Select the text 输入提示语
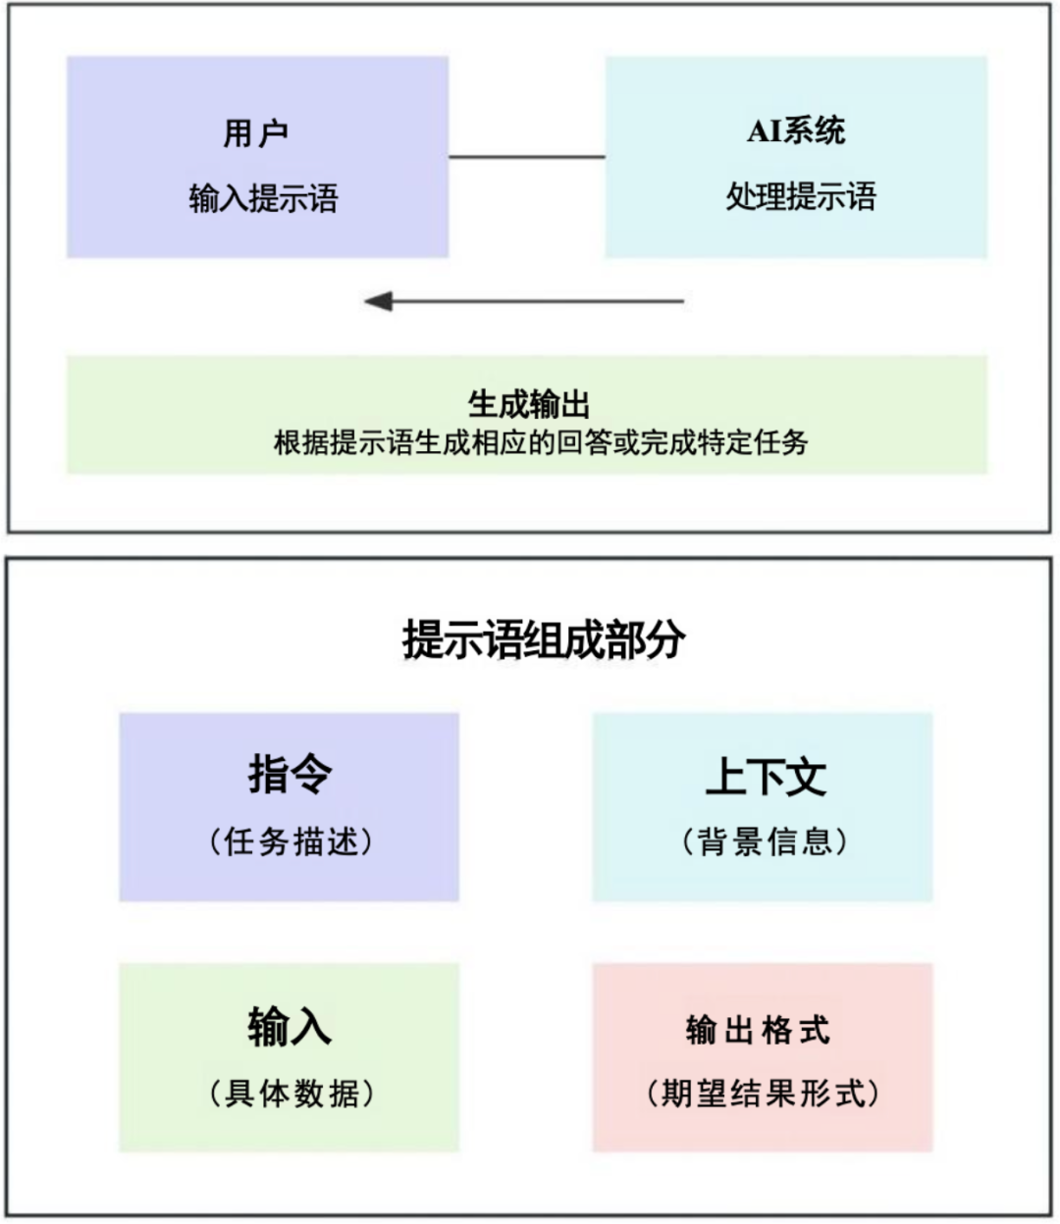click(x=263, y=199)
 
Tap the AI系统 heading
click(x=796, y=130)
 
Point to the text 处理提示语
click(x=800, y=197)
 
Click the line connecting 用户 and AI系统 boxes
click(x=526, y=157)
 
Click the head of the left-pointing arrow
click(x=379, y=301)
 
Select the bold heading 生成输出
click(x=528, y=404)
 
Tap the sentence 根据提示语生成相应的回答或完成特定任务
click(x=540, y=442)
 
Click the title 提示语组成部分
click(x=544, y=640)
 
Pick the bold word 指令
click(x=290, y=774)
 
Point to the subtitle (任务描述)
click(x=291, y=841)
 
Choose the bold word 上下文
click(x=766, y=776)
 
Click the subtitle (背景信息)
click(x=764, y=841)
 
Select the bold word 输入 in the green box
click(x=290, y=1026)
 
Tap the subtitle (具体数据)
click(x=291, y=1093)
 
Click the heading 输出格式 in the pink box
click(x=758, y=1030)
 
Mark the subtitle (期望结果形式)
click(x=762, y=1093)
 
